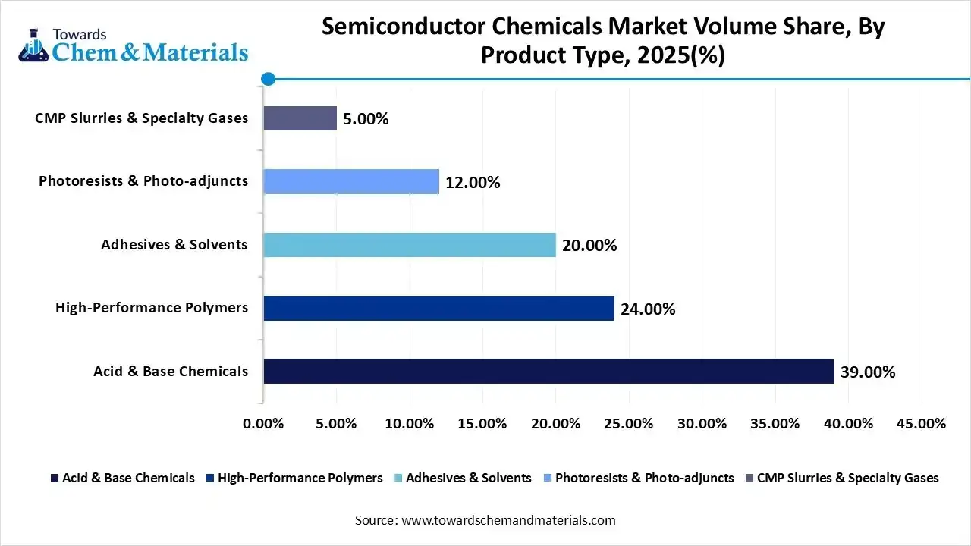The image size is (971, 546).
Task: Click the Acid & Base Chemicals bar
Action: point(548,371)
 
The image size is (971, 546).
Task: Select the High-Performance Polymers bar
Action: point(438,308)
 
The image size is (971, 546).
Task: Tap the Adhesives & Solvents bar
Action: point(410,245)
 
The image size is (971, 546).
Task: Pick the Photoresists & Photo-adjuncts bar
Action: point(351,181)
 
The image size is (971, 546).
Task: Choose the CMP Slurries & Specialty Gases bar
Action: point(300,118)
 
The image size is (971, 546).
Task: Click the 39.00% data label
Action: point(868,372)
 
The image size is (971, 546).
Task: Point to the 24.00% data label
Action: point(648,309)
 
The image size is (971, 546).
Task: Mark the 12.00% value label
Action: point(473,182)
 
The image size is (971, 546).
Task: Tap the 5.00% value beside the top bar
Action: point(366,119)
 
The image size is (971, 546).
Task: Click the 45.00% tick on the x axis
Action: point(921,423)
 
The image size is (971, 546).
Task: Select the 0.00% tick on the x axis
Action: point(263,423)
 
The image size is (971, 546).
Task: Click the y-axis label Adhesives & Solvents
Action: point(174,244)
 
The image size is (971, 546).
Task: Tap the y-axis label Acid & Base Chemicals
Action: point(171,371)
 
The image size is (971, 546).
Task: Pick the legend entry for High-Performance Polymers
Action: point(300,478)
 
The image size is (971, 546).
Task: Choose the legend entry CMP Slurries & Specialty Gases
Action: point(847,478)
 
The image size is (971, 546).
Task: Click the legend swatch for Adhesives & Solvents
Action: point(399,479)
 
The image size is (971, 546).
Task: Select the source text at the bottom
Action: point(485,520)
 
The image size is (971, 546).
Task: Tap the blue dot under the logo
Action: point(267,78)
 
